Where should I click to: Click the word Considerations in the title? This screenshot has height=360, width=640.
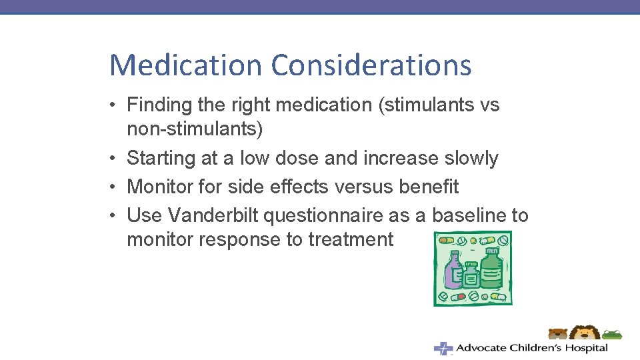[371, 65]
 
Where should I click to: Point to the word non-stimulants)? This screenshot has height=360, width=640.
[195, 129]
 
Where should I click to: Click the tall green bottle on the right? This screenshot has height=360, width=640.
[491, 267]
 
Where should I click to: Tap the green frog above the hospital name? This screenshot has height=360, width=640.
[611, 333]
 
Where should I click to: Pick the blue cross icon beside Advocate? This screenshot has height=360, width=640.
[443, 348]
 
